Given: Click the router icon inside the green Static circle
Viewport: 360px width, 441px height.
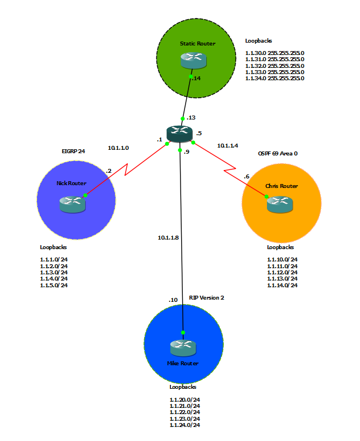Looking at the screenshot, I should click(192, 60).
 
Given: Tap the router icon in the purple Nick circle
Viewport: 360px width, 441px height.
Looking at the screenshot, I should click(72, 203).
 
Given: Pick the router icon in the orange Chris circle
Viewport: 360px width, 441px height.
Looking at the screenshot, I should click(279, 204).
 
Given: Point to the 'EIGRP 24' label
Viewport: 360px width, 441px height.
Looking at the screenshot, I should click(73, 151).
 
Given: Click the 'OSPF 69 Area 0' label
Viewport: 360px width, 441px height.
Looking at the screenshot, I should click(278, 153).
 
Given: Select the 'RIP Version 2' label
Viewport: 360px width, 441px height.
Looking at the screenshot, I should click(206, 297).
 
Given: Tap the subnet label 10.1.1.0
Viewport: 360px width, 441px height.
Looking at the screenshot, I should click(118, 148).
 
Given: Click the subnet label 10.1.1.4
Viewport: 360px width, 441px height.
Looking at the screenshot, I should click(228, 145).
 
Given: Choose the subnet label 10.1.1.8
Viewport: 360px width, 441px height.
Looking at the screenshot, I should click(168, 237).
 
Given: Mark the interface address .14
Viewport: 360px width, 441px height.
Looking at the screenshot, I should click(196, 79).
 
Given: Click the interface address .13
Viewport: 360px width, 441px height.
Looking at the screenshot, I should click(191, 118).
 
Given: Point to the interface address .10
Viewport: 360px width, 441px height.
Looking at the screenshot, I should click(173, 300).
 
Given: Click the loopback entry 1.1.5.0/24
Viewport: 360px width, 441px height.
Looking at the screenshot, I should click(54, 285).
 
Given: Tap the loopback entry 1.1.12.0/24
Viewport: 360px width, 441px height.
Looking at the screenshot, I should click(282, 272).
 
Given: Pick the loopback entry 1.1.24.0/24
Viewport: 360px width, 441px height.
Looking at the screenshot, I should click(184, 425).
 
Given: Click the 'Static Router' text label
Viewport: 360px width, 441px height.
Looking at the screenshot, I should click(197, 43).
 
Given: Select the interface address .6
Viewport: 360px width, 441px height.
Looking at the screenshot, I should click(246, 177).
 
